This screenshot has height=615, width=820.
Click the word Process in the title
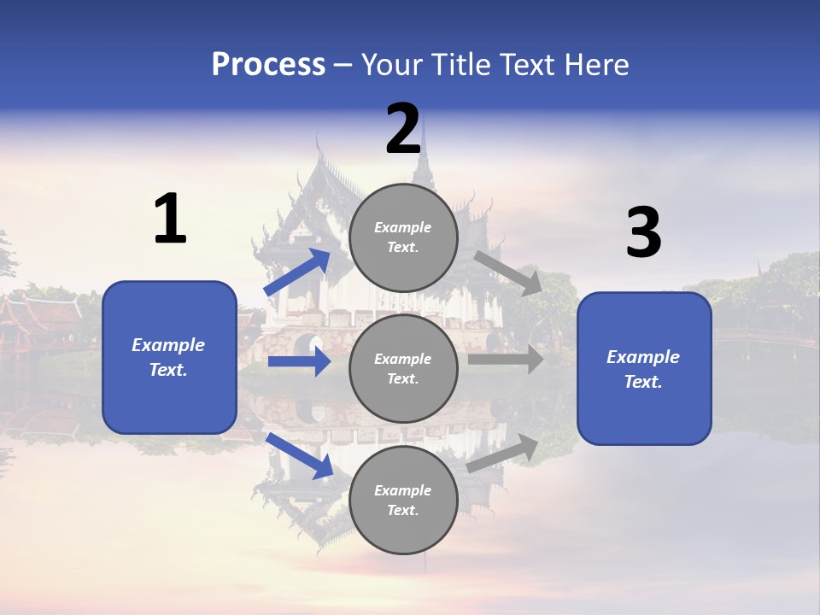(x=268, y=65)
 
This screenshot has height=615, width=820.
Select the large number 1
(x=170, y=220)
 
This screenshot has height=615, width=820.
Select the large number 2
(x=403, y=130)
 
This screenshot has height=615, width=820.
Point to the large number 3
(x=643, y=233)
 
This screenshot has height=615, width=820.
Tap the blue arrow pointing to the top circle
(x=297, y=272)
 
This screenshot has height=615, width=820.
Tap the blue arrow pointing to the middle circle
(x=299, y=362)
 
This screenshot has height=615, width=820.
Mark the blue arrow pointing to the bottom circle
(x=299, y=455)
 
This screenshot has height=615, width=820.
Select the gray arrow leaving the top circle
(x=507, y=273)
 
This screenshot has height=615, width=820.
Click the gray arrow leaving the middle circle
(x=506, y=360)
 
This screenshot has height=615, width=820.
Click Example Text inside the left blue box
(x=168, y=357)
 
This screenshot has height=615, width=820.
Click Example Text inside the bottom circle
(x=402, y=500)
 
